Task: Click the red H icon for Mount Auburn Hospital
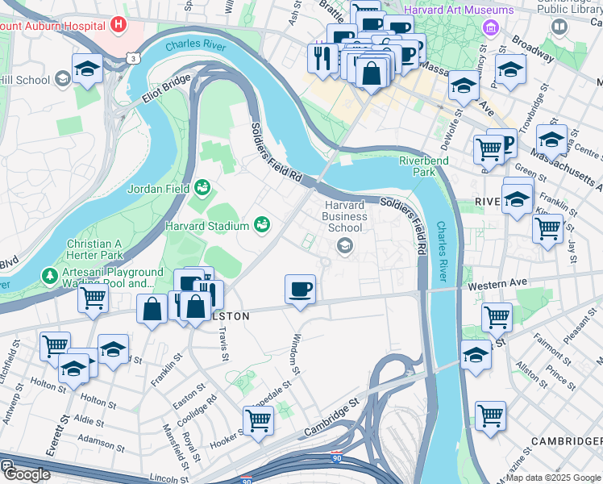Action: (x=119, y=24)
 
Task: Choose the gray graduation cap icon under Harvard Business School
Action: (x=345, y=246)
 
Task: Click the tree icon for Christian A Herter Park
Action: (x=50, y=276)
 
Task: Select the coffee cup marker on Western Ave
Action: (x=300, y=289)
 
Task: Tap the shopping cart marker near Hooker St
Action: (x=258, y=419)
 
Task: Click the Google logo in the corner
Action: (x=26, y=474)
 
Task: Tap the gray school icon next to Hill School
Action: (x=62, y=79)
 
